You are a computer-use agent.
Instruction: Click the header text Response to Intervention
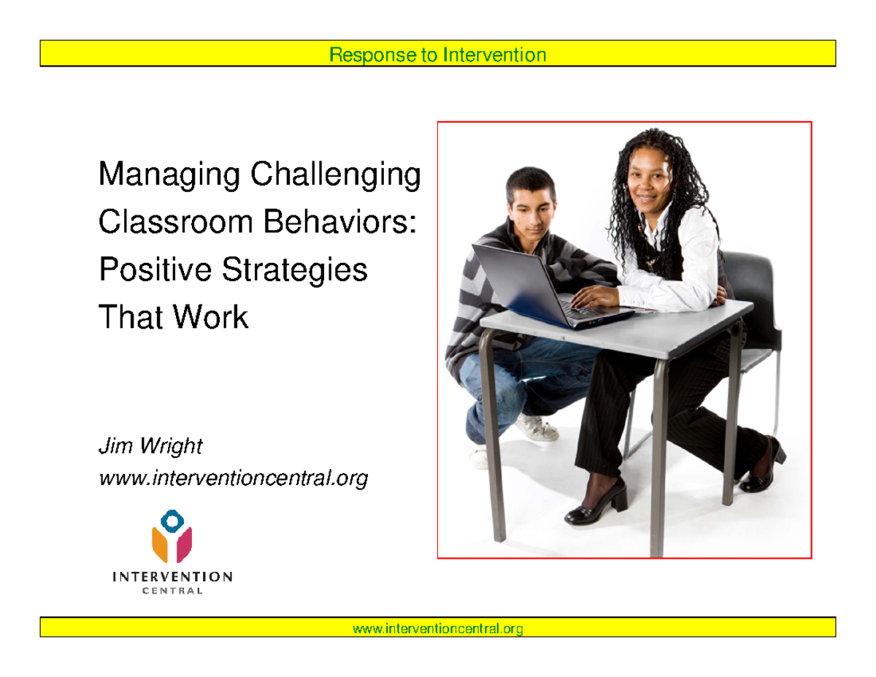(437, 54)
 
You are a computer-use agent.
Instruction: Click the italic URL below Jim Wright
(233, 478)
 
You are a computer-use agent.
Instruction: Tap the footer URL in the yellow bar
(437, 628)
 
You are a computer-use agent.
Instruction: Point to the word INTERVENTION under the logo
(172, 576)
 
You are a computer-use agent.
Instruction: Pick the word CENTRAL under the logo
(172, 591)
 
